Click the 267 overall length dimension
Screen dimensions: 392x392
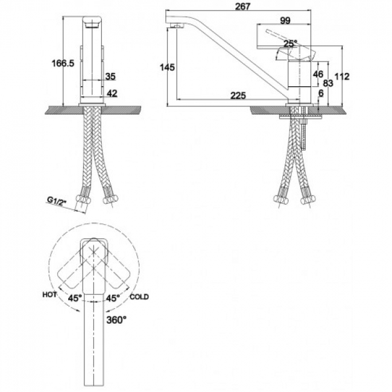click(x=242, y=6)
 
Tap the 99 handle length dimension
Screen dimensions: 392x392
click(x=285, y=21)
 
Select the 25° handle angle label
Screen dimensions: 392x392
click(x=290, y=43)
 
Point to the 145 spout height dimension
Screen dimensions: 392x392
click(x=167, y=67)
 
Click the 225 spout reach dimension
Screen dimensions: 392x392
click(x=238, y=95)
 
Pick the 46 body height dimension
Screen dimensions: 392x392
click(x=318, y=74)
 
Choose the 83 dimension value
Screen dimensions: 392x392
click(x=327, y=83)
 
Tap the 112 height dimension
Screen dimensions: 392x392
click(x=342, y=76)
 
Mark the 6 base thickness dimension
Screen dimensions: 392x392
click(x=321, y=93)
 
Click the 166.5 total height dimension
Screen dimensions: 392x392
click(x=63, y=63)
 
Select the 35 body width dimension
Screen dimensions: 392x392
click(x=110, y=76)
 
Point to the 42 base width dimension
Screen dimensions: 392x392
click(x=112, y=93)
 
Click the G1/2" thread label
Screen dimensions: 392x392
click(x=57, y=201)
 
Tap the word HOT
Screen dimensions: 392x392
click(x=49, y=295)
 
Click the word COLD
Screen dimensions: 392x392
click(x=139, y=297)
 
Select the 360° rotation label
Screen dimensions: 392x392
click(x=116, y=320)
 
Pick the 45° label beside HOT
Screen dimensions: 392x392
click(x=75, y=298)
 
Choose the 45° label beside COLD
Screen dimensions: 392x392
click(x=113, y=298)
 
